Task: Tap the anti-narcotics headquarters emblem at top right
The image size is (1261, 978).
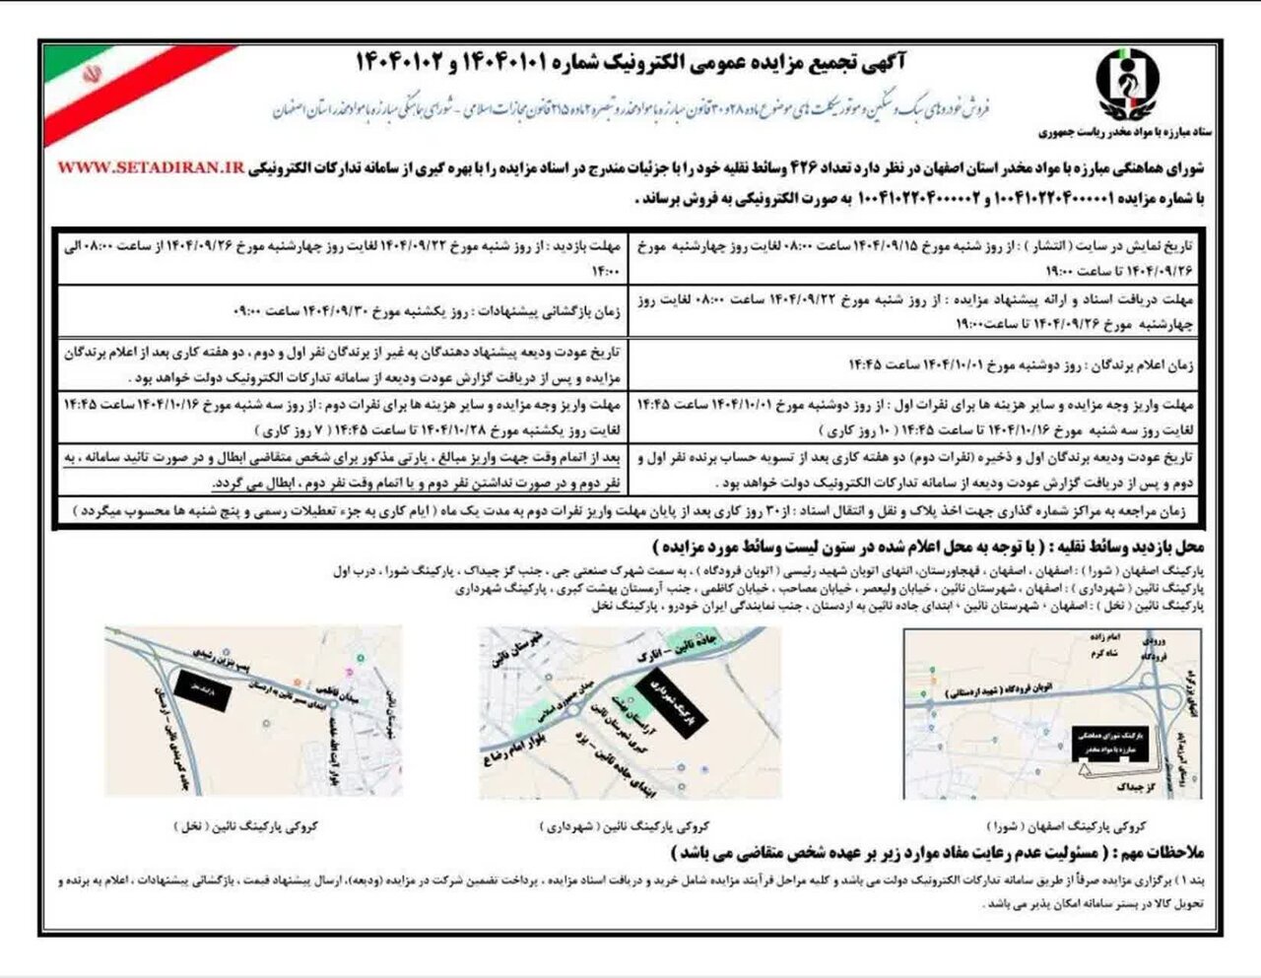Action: [1128, 83]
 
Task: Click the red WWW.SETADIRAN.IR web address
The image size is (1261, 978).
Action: [150, 168]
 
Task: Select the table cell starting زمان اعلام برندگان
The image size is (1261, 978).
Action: [1021, 364]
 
